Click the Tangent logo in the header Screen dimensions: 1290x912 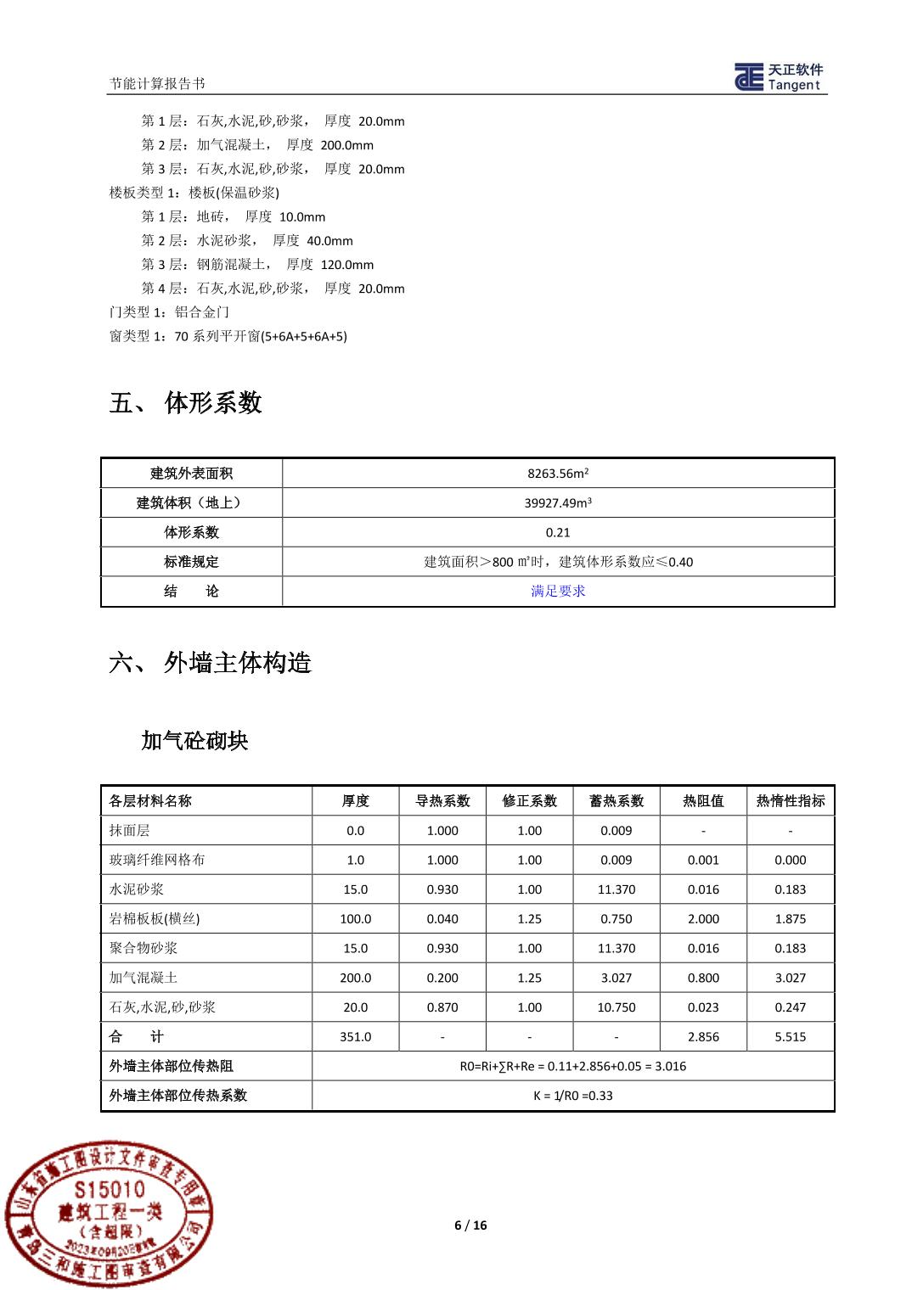779,76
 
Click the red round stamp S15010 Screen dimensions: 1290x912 109,1213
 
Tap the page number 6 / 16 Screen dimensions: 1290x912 470,1225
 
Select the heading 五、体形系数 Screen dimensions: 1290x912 185,402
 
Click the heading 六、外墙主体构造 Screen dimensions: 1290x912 210,662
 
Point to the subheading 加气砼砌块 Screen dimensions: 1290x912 194,741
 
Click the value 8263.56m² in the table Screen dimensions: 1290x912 558,474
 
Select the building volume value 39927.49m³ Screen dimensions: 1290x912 558,503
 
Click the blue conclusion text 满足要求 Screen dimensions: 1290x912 558,592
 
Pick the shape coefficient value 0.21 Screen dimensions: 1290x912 558,533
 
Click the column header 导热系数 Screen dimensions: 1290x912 442,801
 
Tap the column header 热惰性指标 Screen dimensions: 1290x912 790,801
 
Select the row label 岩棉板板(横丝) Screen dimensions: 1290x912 155,919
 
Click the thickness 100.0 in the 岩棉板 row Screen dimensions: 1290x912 355,919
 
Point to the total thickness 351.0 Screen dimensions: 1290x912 355,1037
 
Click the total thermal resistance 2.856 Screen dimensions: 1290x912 703,1037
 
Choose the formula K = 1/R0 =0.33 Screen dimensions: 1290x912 573,1096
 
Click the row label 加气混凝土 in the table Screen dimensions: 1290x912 144,978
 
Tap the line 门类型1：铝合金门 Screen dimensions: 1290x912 170,312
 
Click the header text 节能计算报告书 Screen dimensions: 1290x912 157,83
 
